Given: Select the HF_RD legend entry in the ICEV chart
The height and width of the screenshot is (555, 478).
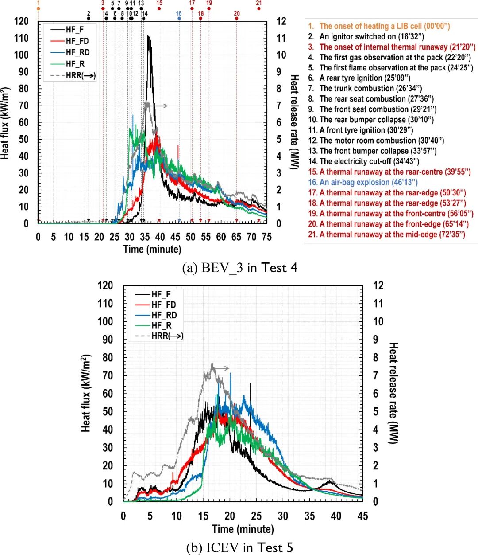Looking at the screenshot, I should pos(164,315).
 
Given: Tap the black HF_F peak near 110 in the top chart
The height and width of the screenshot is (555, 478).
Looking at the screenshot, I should pos(149,37).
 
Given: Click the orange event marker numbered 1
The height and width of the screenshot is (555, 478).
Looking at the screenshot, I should pos(38,8).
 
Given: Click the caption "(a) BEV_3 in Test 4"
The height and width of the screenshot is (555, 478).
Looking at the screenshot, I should pos(239,268).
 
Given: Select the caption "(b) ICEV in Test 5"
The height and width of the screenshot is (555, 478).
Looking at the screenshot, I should pos(239,548).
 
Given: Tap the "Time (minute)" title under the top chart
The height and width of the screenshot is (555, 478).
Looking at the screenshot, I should pos(152,249).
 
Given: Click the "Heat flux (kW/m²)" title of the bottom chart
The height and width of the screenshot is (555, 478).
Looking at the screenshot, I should pos(86,393).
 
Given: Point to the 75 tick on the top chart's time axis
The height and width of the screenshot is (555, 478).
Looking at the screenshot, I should pos(266,237).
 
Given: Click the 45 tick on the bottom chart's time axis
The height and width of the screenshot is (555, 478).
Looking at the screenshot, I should pos(362,516).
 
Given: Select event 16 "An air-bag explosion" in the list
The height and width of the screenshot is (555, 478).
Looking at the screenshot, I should pos(363,182).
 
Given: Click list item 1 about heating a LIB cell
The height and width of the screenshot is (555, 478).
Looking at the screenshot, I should pos(379,26).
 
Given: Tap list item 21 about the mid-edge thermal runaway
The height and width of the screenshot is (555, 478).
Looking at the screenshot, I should pos(386,235).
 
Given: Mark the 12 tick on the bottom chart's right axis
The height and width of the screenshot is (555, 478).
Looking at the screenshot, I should pos(378,285).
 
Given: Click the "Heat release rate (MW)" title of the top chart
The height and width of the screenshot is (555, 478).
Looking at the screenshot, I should pos(294,122).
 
